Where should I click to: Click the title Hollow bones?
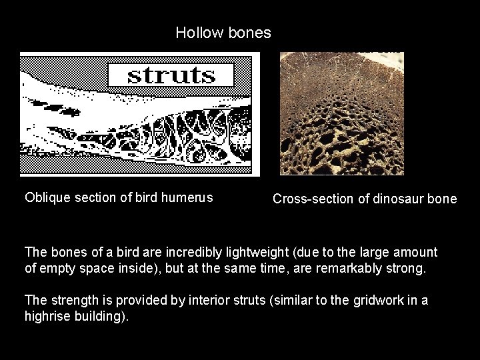(223, 33)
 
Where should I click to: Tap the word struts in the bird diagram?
(171, 75)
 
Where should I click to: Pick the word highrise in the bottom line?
(48, 316)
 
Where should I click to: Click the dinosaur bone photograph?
(342, 114)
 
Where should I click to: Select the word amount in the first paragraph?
(414, 252)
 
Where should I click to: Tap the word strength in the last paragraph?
(72, 300)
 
